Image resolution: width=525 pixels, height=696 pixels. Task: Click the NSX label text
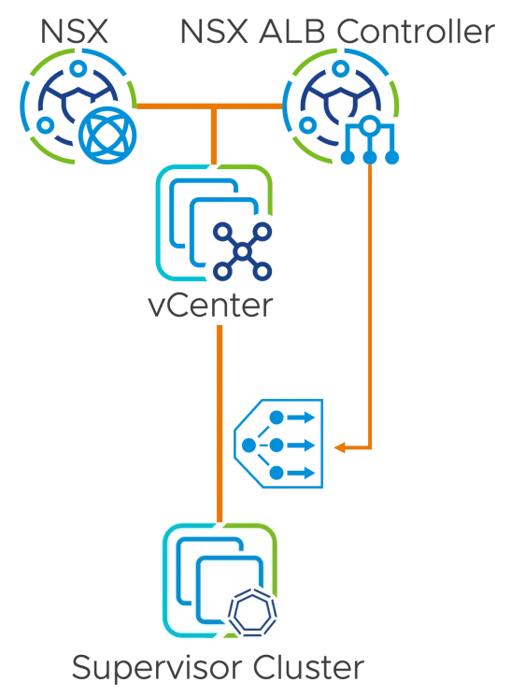pos(74,32)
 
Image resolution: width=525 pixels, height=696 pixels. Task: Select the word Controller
pos(416,32)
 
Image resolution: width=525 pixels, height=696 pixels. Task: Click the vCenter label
pos(210,305)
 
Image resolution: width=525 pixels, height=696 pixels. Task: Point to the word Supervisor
pos(158,668)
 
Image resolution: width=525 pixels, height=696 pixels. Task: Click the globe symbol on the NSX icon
pos(107,135)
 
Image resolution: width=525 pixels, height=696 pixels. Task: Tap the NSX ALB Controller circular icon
pos(341,107)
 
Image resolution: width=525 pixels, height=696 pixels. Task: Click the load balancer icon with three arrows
pos(278,444)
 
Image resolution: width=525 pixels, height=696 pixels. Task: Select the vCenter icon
pos(214,223)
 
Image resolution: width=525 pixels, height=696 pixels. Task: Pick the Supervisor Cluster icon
pos(220,580)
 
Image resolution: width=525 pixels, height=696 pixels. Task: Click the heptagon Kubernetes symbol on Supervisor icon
pos(252,614)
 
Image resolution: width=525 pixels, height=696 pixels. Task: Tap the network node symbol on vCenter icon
pos(242,251)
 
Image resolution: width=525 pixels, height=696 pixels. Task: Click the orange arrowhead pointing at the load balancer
pos(339,447)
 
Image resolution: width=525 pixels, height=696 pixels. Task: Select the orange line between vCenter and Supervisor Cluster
pos(220,424)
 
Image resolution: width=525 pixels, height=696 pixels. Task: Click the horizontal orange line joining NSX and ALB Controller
pos(209,107)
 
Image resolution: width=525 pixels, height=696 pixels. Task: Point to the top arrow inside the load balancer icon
pos(301,418)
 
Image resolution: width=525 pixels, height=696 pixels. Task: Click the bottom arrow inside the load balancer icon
pos(301,473)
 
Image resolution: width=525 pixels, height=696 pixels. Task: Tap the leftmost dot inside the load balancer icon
pos(249,446)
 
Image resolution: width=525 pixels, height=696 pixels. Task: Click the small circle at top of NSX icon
pos(78,68)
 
